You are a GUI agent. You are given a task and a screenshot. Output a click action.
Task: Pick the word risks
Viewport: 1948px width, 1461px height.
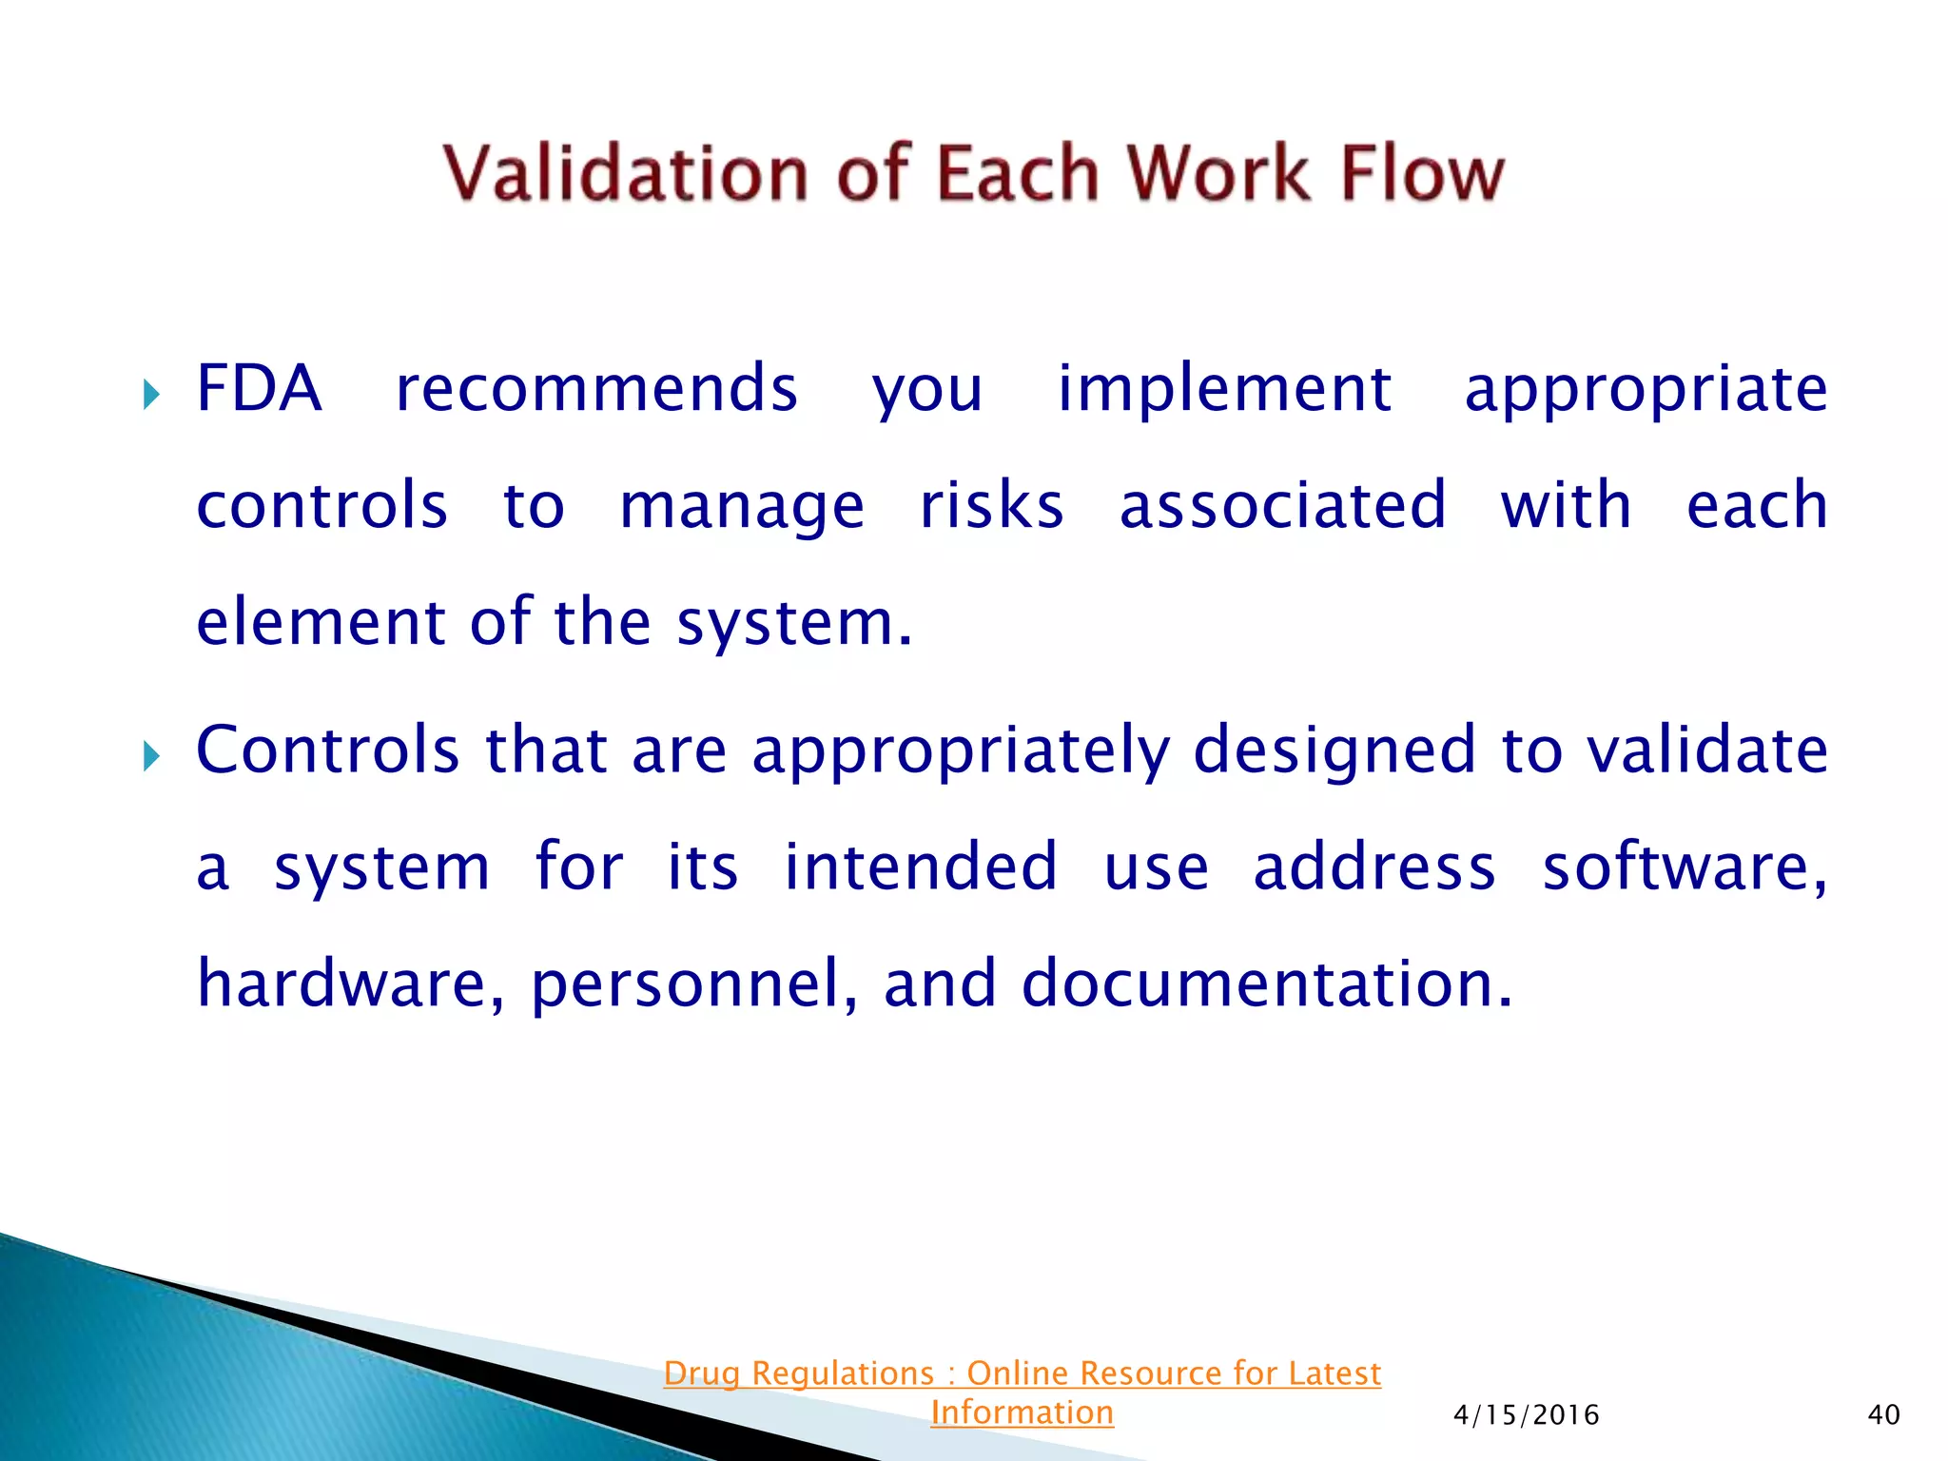[x=991, y=505]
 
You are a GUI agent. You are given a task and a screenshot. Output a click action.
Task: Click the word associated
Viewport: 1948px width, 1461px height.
[x=1282, y=505]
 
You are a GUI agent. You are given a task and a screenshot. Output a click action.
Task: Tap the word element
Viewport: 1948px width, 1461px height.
[x=321, y=622]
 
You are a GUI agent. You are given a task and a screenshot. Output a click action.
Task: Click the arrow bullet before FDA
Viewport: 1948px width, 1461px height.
[x=151, y=394]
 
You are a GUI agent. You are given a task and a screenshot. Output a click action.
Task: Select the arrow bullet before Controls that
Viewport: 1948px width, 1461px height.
[x=151, y=757]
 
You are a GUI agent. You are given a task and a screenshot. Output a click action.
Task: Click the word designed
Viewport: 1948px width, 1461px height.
[x=1334, y=750]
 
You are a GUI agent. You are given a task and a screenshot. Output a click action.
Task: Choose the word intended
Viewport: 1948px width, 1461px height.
[x=920, y=867]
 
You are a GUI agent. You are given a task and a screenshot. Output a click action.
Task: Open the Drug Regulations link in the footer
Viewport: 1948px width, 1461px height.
[x=1022, y=1374]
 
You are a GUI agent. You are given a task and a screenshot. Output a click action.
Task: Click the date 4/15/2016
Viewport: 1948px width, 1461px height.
[x=1526, y=1415]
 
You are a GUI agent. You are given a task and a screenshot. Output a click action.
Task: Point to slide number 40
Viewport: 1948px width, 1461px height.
[x=1883, y=1415]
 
